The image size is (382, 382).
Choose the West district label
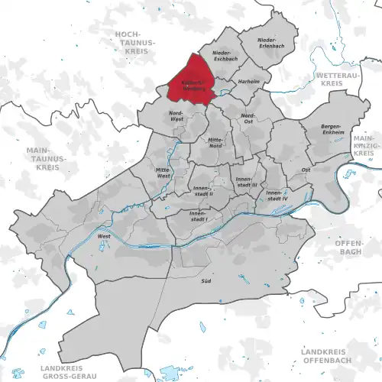104,237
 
